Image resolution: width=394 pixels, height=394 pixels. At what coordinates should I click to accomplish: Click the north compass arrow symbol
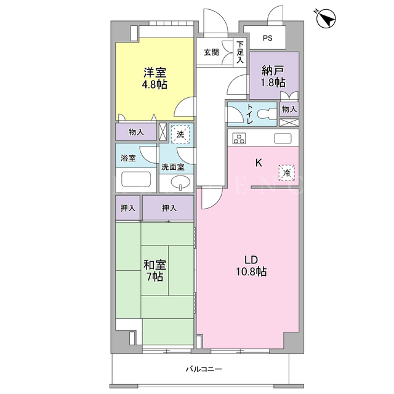coord(326,18)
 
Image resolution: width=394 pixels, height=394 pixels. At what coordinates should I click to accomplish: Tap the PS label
coord(268,38)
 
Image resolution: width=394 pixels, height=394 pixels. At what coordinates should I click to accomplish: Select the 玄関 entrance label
coord(211,52)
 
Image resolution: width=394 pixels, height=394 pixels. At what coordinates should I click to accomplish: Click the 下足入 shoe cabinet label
coord(240,52)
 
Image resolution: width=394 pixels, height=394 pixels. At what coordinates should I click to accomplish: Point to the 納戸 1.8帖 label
coord(273,76)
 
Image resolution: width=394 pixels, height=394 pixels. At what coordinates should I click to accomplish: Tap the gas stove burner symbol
coord(239,138)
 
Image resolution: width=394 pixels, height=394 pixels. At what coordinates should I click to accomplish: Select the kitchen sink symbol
coord(283,138)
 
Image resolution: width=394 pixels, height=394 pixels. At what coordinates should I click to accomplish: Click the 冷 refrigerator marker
coord(286,172)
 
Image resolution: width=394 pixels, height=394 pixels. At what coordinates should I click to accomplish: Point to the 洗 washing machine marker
coord(180,134)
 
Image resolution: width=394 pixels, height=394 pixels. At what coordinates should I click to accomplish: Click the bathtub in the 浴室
coord(136,179)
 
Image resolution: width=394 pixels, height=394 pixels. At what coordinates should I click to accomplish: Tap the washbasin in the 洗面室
coord(180,182)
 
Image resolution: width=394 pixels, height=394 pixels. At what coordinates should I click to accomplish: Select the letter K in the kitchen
coord(259,163)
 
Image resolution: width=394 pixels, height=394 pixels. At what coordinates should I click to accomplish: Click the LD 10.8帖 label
coord(251,266)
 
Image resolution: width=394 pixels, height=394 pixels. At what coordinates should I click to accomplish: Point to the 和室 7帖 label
coord(155,271)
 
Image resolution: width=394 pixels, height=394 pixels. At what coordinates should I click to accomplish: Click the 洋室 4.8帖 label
coord(155,78)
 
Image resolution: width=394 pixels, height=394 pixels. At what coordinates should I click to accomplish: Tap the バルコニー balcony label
coord(204,369)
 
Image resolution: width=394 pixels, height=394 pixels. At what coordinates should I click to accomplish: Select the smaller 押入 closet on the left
coord(128,208)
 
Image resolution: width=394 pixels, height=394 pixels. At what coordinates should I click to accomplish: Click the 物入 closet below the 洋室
coord(136,132)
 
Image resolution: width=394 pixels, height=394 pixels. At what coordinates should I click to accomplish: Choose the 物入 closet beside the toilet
coord(289,109)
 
